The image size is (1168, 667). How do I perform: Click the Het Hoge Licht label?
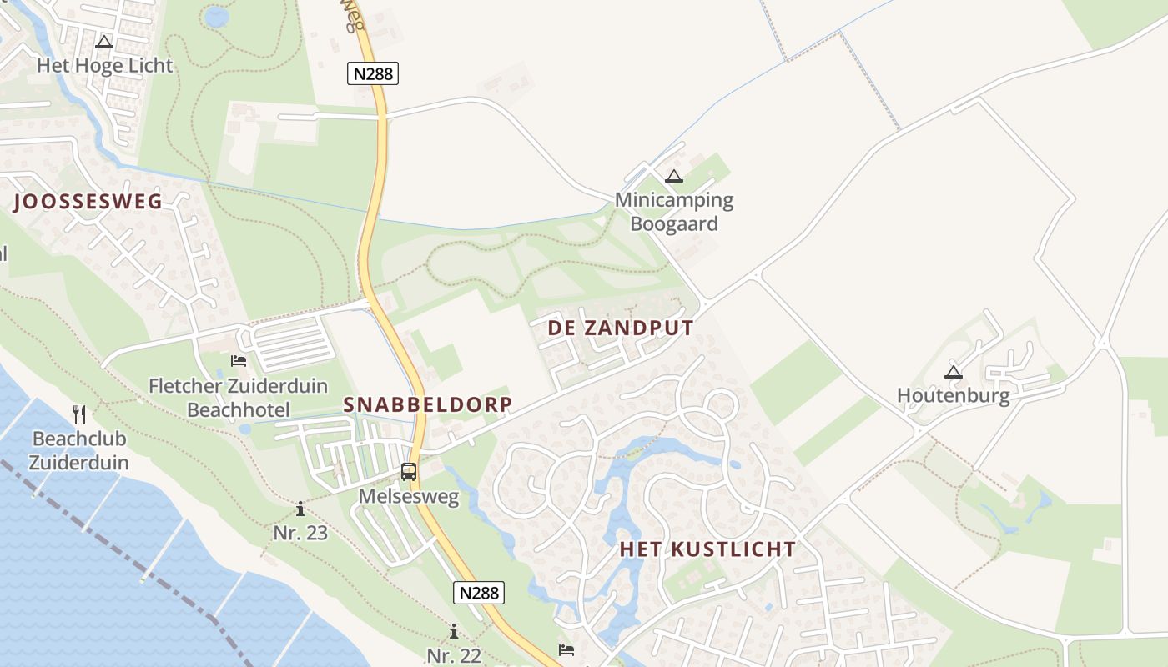(104, 66)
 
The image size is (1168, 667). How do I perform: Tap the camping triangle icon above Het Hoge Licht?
(104, 42)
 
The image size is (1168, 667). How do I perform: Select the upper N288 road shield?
(372, 73)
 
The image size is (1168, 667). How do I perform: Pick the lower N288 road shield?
(479, 593)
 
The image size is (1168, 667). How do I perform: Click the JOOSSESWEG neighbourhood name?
(88, 201)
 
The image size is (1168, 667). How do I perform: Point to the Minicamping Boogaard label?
(674, 212)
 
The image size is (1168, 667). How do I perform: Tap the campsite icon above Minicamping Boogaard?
(674, 176)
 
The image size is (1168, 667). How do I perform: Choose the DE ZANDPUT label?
(620, 328)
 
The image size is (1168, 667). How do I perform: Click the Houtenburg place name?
(953, 395)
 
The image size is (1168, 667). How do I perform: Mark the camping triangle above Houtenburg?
(953, 372)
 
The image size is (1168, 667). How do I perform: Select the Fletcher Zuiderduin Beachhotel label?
(238, 398)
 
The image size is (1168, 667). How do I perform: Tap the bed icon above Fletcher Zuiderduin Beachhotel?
(239, 361)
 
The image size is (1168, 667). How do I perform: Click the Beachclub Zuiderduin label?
(80, 450)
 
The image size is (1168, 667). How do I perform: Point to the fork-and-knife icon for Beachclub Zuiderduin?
(79, 413)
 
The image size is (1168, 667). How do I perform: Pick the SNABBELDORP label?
(428, 404)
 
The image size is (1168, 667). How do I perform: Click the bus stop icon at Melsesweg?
(408, 471)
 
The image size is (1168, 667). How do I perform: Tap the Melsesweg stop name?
(409, 497)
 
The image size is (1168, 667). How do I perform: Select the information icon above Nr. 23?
(300, 509)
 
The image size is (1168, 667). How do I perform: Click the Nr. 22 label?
(454, 655)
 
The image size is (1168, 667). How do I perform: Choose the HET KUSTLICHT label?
(707, 549)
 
